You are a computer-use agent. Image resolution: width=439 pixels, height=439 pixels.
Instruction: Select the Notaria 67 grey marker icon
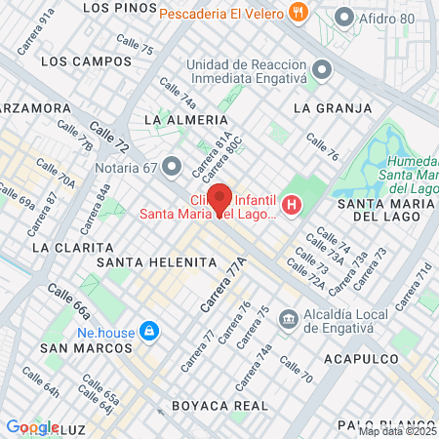173,166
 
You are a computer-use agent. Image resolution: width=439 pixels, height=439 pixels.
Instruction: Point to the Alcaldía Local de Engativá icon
289,318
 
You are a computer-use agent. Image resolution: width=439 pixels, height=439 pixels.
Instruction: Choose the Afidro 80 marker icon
343,17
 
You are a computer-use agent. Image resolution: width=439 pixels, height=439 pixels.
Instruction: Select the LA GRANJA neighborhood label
332,107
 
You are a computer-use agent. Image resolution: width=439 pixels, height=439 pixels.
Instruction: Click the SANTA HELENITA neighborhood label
155,262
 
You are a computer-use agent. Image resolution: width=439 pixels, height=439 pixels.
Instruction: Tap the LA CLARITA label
67,248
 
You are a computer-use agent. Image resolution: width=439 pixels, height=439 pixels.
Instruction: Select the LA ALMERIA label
178,119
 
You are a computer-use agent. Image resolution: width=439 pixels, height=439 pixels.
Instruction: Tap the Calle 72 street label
108,136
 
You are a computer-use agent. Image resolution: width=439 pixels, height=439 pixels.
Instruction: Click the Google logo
32,426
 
